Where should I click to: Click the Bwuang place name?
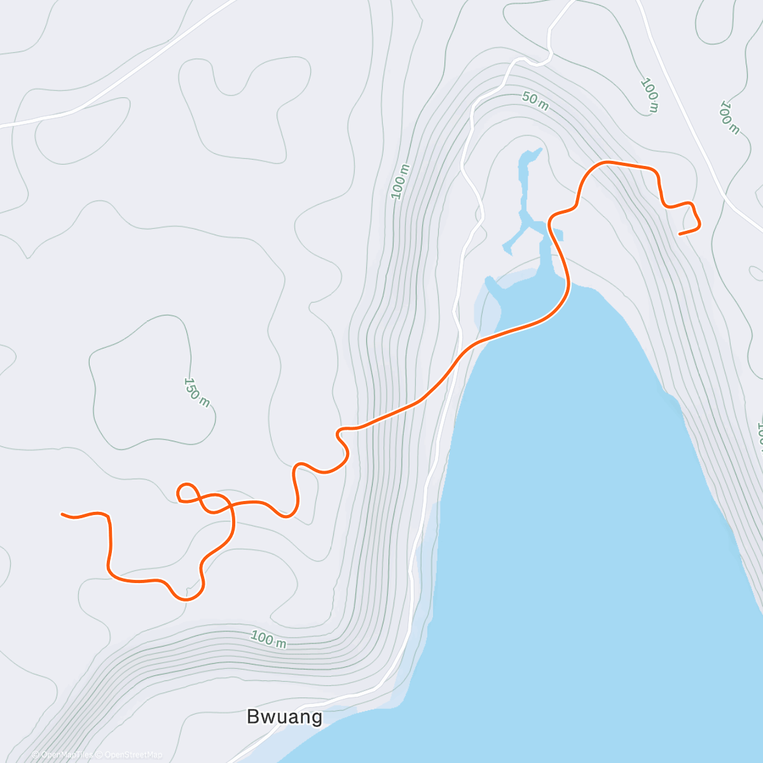point(284,717)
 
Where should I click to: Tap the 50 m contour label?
point(535,101)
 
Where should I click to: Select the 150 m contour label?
point(196,392)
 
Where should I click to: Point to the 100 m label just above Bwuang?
point(268,639)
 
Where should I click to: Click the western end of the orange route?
point(62,514)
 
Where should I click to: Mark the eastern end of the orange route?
point(680,234)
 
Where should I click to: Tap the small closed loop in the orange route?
point(187,492)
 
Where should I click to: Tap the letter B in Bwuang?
point(253,717)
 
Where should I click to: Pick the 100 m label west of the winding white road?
point(401,181)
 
